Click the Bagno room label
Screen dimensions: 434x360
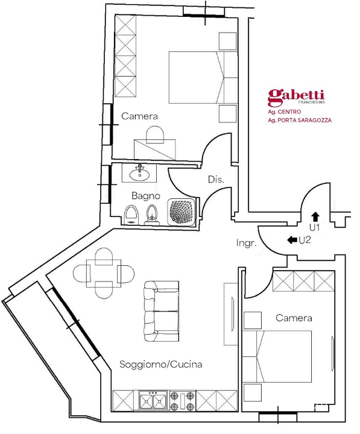click(145, 196)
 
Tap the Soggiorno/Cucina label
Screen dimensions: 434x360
click(160, 365)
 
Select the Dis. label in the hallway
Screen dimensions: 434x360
click(216, 179)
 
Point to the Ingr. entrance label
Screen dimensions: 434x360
click(247, 244)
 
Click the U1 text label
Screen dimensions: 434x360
click(315, 227)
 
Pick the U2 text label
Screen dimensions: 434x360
click(305, 240)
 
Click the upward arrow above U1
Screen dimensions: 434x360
click(315, 216)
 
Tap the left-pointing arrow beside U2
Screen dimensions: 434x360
click(291, 240)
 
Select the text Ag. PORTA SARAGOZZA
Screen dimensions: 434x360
click(300, 121)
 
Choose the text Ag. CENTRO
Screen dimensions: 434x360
click(284, 112)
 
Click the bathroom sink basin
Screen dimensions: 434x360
click(141, 174)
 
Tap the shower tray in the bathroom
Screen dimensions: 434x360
click(182, 212)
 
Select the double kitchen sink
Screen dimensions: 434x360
click(153, 401)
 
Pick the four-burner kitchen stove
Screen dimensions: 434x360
click(182, 401)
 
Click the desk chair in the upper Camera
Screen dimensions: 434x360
click(154, 134)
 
